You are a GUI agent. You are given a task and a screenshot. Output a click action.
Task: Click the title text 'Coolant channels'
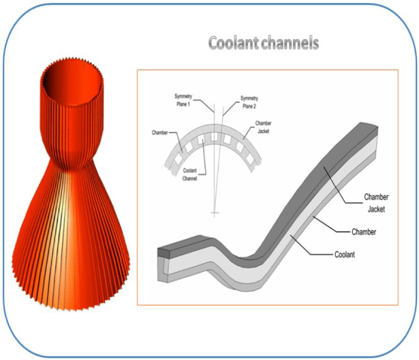263,44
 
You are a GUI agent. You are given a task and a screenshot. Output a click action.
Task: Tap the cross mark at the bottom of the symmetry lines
213,213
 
